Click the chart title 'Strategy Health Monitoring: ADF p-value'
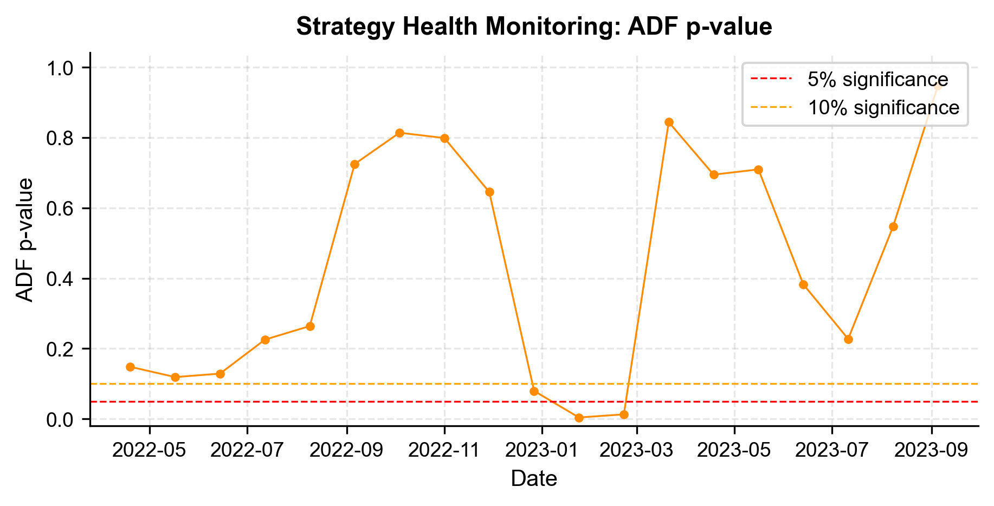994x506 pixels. (x=534, y=27)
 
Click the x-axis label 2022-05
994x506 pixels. (x=150, y=451)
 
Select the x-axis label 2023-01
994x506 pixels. (x=541, y=451)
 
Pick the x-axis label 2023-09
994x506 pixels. (x=932, y=451)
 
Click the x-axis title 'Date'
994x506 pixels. (x=534, y=479)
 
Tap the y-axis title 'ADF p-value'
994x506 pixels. (x=25, y=239)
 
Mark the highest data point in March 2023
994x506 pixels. (x=669, y=122)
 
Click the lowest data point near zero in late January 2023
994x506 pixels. (x=579, y=418)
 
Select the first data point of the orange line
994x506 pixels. (x=130, y=367)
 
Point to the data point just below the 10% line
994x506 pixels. (x=534, y=391)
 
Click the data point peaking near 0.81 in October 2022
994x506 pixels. (x=399, y=133)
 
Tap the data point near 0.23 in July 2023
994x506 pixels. (x=848, y=339)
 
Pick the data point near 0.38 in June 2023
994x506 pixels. (x=803, y=284)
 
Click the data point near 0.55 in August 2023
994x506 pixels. (x=893, y=226)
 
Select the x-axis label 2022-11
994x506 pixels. (x=444, y=451)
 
